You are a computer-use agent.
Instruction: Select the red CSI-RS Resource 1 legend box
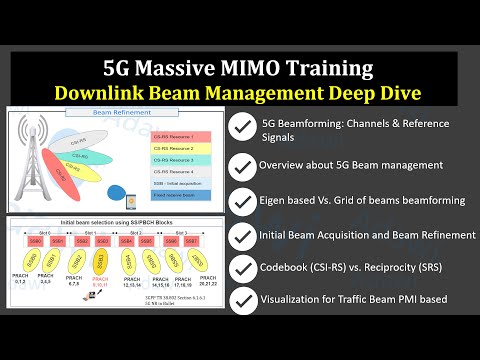coord(171,135)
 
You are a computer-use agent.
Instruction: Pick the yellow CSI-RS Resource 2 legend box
coord(171,147)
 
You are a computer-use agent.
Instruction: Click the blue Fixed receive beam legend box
coord(171,195)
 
